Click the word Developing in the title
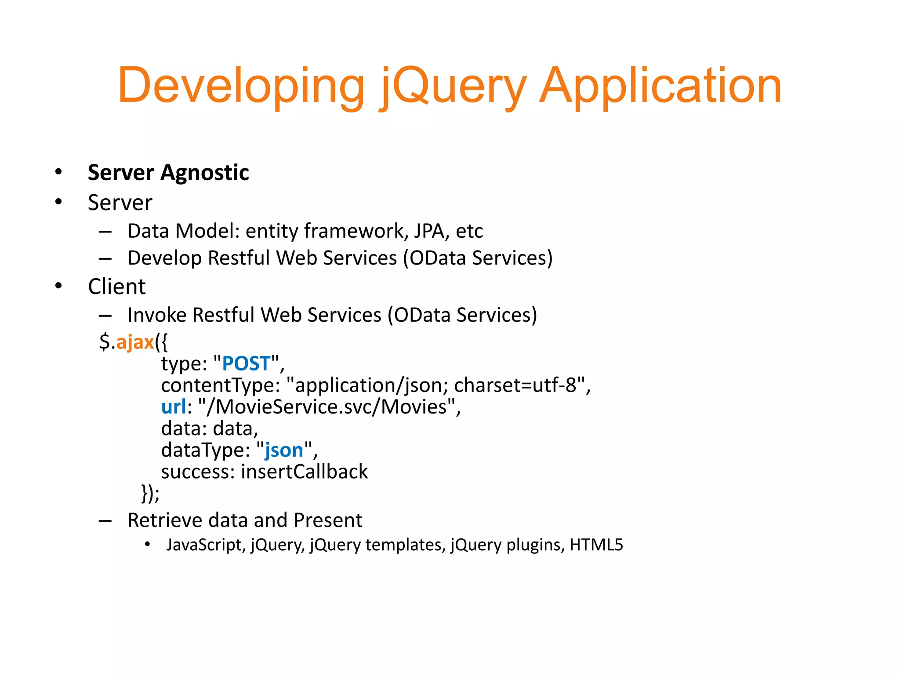tap(241, 86)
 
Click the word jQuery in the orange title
tap(453, 86)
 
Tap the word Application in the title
tap(660, 86)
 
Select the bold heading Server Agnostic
tap(168, 172)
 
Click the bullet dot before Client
tap(58, 286)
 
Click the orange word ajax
tap(135, 342)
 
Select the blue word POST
tap(246, 363)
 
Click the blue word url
tap(174, 406)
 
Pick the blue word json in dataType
tap(284, 450)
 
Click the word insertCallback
tap(304, 472)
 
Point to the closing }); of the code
tap(150, 493)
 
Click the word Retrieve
tap(164, 520)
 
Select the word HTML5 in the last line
tap(596, 545)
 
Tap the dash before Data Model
tap(105, 231)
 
